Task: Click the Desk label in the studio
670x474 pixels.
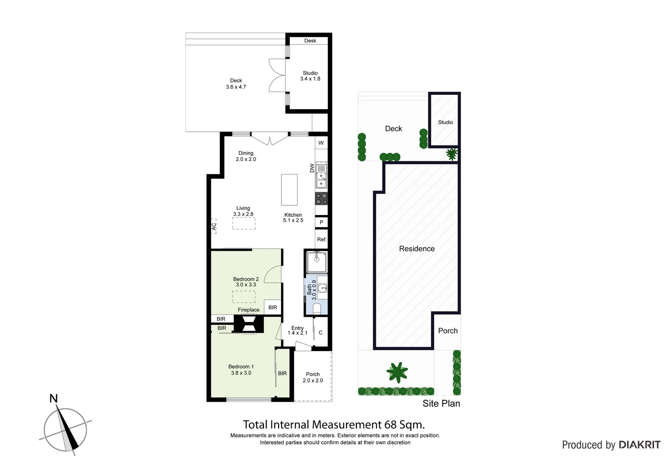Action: [310, 41]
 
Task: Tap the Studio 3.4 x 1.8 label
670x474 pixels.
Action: [310, 76]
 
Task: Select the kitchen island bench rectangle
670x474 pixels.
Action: [289, 190]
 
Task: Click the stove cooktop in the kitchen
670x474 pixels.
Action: [321, 198]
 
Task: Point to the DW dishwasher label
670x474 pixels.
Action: [312, 168]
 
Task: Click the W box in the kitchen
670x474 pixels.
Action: [321, 143]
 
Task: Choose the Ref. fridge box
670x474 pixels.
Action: [321, 239]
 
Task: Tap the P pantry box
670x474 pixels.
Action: [321, 222]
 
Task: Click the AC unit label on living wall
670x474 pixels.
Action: [214, 226]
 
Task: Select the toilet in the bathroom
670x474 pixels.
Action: [317, 309]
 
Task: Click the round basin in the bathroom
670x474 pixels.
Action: [322, 288]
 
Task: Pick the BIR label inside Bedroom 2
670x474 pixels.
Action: [273, 307]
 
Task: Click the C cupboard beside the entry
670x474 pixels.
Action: [321, 333]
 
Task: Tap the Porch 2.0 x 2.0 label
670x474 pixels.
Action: [313, 377]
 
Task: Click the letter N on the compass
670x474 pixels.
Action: [53, 399]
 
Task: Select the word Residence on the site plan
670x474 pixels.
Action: [417, 249]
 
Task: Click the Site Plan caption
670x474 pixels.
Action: [441, 404]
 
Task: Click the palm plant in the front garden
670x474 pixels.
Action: [397, 372]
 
